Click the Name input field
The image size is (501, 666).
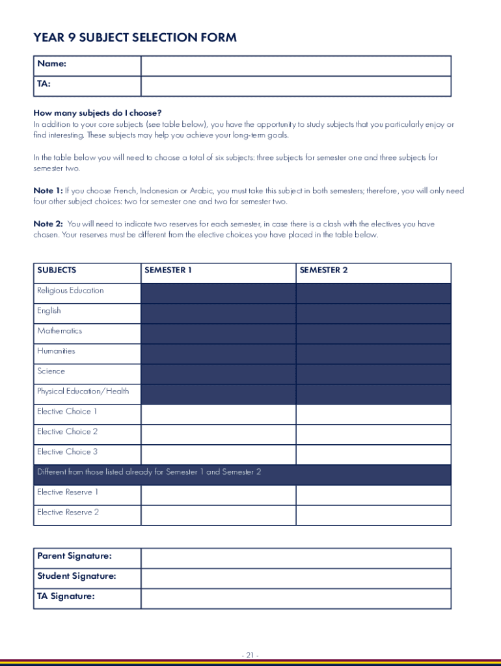click(295, 66)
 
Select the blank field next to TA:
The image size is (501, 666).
click(295, 86)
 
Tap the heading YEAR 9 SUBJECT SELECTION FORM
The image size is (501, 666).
click(135, 38)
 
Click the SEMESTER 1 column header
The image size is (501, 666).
click(168, 270)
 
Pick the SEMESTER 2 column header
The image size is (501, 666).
click(324, 270)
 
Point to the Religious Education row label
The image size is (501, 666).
click(70, 291)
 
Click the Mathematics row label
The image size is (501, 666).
click(60, 331)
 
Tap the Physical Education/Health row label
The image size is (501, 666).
click(83, 392)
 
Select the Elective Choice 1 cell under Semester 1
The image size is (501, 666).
click(218, 414)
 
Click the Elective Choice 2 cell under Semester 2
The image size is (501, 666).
click(373, 434)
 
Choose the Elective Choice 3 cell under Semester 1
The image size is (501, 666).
click(218, 455)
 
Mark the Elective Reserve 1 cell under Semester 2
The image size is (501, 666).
click(373, 495)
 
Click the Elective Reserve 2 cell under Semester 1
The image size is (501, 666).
click(218, 515)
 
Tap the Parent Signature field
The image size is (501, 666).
click(295, 558)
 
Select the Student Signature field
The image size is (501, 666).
click(295, 578)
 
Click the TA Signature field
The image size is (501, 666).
click(295, 598)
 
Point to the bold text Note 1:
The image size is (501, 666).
click(48, 191)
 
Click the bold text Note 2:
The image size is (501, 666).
click(48, 224)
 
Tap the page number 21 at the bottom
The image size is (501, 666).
click(250, 656)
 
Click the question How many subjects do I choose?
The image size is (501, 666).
click(98, 113)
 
